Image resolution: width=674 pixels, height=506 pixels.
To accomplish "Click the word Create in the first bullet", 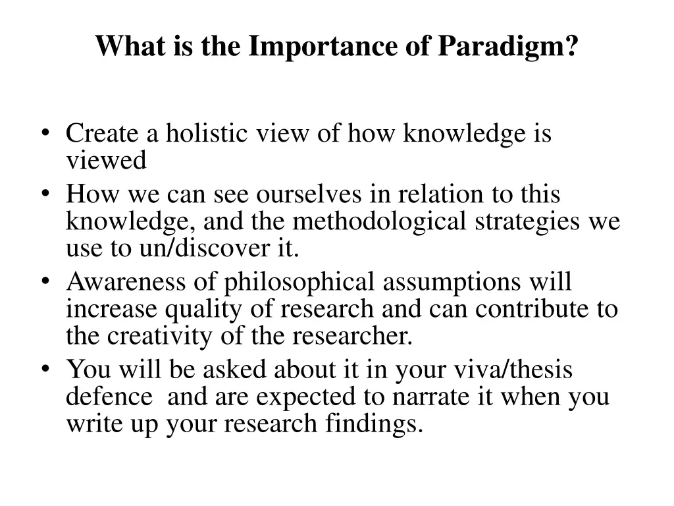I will tap(103, 134).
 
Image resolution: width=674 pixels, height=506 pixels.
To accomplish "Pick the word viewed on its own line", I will tap(106, 160).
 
